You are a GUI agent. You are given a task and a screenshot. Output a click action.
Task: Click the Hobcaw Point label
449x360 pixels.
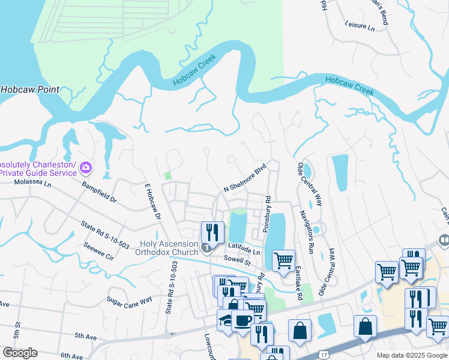click(30, 89)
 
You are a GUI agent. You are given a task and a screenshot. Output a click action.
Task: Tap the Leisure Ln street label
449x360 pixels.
click(360, 26)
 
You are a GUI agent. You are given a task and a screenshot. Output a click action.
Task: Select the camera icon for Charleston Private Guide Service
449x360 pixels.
click(86, 166)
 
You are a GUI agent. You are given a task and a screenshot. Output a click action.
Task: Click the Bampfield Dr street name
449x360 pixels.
click(99, 191)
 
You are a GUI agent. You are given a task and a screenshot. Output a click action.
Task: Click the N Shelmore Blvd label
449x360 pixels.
click(244, 178)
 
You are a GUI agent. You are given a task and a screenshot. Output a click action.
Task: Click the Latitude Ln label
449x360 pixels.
click(244, 249)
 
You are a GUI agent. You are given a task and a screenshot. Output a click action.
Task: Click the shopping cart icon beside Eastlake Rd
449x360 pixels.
click(283, 260)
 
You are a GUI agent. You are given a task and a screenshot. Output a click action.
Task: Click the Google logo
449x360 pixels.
click(20, 353)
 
